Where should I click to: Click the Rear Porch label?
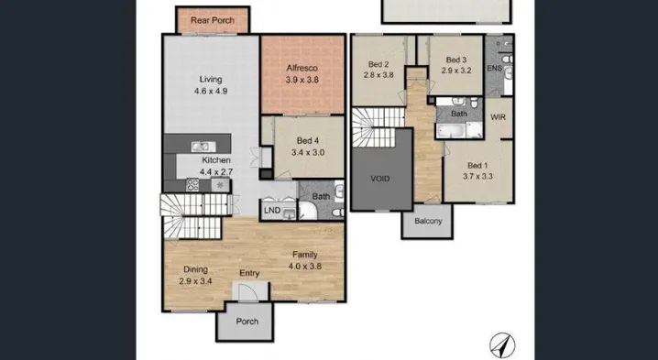tap(213, 20)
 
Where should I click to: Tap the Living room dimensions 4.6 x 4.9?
tap(211, 91)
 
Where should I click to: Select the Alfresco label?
tap(302, 68)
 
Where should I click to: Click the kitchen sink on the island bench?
tap(203, 147)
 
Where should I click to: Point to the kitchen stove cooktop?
tap(192, 185)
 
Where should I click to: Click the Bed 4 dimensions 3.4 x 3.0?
tap(308, 152)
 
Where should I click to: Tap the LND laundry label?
tap(272, 210)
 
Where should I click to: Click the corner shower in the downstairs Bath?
tap(308, 211)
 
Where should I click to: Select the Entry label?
tap(249, 273)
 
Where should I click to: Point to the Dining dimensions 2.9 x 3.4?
tap(195, 281)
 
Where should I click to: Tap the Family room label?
tap(305, 255)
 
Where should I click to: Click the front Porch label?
tap(247, 322)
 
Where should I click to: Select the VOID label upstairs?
tap(380, 179)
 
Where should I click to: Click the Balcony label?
tap(428, 221)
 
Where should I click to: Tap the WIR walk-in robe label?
tap(499, 117)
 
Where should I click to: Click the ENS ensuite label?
tap(494, 68)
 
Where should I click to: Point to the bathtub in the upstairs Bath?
tap(451, 130)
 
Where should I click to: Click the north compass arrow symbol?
tap(503, 345)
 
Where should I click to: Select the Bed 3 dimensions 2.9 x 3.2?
tap(456, 71)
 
